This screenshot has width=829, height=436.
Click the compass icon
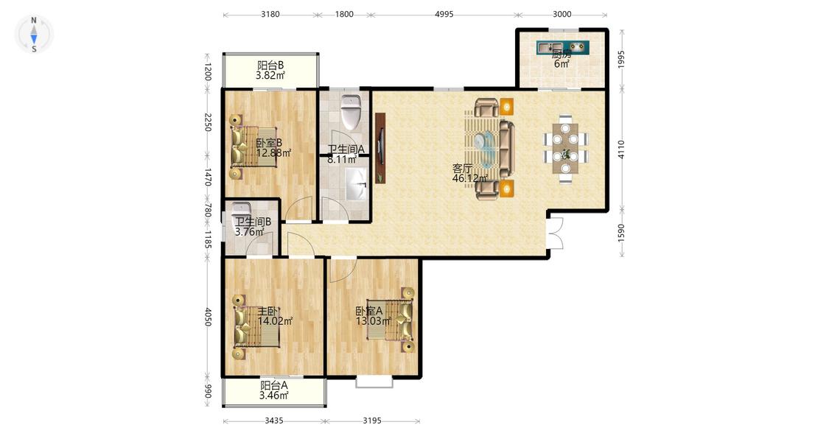click(x=34, y=34)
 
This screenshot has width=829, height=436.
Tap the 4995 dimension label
click(x=444, y=14)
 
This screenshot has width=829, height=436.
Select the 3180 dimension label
click(x=270, y=14)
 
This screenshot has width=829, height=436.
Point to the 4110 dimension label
click(x=621, y=150)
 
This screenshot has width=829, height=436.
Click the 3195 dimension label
click(x=372, y=421)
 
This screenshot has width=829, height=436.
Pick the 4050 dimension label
click(x=208, y=317)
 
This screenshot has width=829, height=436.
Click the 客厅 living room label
click(x=462, y=169)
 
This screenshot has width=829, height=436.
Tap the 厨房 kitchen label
click(x=562, y=54)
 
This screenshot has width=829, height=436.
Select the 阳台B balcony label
click(x=270, y=66)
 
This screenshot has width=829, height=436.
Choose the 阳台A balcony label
click(x=274, y=386)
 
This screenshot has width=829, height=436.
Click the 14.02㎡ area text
click(x=275, y=321)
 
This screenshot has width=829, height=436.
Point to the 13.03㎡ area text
click(x=374, y=321)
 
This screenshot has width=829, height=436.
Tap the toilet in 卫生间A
click(x=351, y=111)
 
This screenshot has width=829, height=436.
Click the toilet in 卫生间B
click(x=241, y=211)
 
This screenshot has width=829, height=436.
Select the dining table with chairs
click(x=566, y=149)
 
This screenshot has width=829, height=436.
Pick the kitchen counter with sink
click(x=562, y=48)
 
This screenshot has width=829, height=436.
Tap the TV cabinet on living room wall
click(x=380, y=148)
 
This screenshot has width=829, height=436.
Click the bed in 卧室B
click(x=253, y=147)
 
